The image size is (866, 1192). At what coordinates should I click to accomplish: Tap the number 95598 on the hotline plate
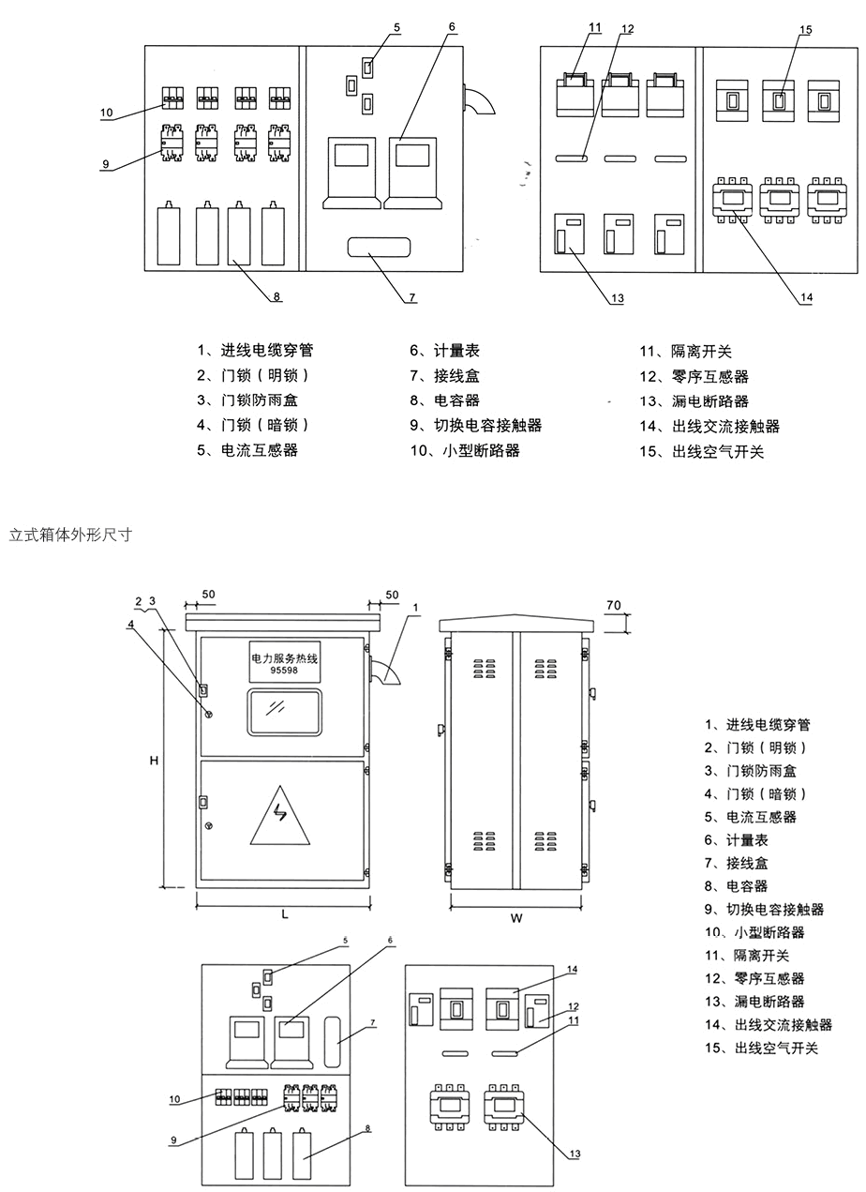pos(284,671)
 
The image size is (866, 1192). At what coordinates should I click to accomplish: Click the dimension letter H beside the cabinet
pos(154,762)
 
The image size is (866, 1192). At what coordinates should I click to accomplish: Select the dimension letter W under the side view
pos(515,919)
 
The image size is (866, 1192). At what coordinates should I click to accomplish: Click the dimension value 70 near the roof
pos(613,607)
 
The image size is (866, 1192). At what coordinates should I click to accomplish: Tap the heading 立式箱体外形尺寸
pos(69,536)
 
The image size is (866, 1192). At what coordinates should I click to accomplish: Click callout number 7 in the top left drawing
pos(411,298)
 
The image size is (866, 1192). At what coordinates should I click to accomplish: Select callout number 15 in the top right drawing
pos(805,30)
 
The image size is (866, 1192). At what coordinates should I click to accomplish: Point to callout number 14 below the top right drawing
pos(806,298)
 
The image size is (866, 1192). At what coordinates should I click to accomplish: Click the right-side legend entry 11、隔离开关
pos(747,956)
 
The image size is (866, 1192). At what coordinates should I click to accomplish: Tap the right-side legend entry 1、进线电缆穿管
pos(757,725)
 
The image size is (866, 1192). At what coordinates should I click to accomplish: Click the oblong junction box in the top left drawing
pos(380,248)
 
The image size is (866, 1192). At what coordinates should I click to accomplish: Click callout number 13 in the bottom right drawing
pos(575,1154)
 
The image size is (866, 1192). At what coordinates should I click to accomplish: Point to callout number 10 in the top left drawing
pos(107,113)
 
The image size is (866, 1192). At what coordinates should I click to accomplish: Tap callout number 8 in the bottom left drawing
pos(368,1128)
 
